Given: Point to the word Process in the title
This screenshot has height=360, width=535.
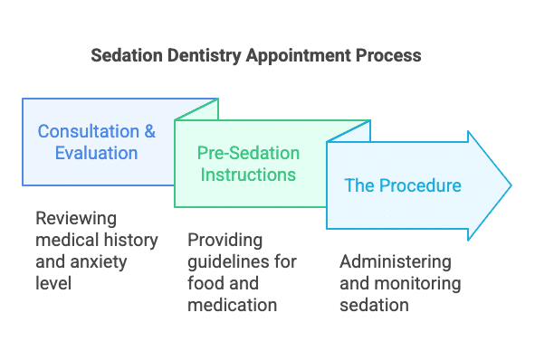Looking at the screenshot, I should [x=389, y=55].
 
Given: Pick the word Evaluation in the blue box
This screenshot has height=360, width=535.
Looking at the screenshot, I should [x=96, y=153].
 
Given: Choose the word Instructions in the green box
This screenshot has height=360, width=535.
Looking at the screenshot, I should [x=248, y=174].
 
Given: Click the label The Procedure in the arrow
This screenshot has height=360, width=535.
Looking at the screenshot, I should [x=403, y=186].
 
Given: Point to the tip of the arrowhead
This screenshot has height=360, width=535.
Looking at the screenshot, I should [x=511, y=186].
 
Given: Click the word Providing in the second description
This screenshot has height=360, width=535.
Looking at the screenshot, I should [x=224, y=240].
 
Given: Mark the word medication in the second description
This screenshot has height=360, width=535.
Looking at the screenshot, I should [x=232, y=305].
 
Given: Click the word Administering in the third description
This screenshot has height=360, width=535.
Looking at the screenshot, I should [x=396, y=261].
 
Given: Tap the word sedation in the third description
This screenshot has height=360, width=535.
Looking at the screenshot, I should [x=375, y=305].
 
